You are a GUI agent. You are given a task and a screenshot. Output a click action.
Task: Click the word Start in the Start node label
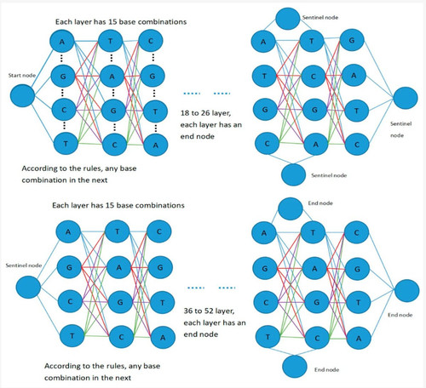(x=14, y=75)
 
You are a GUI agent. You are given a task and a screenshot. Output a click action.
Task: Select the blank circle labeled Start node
(x=22, y=95)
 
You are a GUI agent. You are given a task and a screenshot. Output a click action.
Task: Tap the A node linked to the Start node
(x=62, y=42)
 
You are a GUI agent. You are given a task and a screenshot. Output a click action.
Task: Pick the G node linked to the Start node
(x=63, y=76)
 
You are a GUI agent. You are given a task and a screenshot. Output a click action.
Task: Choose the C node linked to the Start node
(x=64, y=110)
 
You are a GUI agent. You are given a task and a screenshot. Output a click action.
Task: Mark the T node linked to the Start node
(x=66, y=144)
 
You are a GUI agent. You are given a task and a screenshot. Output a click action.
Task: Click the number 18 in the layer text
(x=185, y=113)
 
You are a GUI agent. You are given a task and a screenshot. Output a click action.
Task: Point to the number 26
(x=205, y=113)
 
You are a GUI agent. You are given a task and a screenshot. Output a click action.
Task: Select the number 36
(x=188, y=311)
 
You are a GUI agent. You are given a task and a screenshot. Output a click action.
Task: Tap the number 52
(x=209, y=311)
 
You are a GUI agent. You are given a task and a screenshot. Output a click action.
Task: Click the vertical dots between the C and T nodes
(x=65, y=125)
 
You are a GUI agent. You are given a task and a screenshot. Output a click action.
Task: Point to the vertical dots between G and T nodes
(x=154, y=93)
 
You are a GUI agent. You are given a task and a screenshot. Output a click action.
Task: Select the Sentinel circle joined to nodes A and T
(x=287, y=19)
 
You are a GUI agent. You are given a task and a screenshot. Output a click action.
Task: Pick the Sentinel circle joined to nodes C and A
(x=293, y=174)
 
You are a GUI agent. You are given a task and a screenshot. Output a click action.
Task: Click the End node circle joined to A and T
(x=291, y=209)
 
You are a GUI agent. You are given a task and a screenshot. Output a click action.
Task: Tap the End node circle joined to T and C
(x=295, y=367)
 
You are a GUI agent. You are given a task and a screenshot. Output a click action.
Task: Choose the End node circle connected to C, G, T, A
(x=406, y=291)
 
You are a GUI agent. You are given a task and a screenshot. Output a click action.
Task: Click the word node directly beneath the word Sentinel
(x=397, y=135)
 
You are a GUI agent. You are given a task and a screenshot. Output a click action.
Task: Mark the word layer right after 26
(x=221, y=113)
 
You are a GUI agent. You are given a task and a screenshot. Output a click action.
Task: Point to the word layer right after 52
(x=225, y=311)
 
